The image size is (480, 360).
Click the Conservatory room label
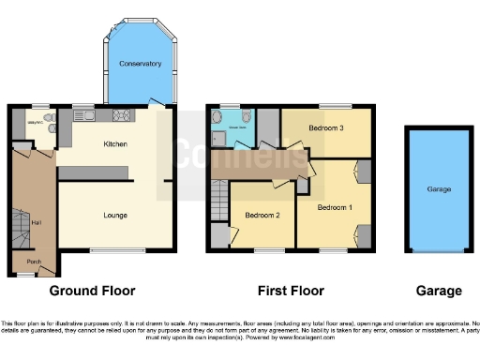pyautogui.click(x=141, y=64)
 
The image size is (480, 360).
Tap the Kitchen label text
pyautogui.click(x=116, y=144)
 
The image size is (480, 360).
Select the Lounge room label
pyautogui.click(x=115, y=215)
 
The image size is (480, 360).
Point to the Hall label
pyautogui.click(x=37, y=222)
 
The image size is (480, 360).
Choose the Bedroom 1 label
pyautogui.click(x=334, y=206)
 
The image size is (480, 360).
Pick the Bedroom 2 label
pyautogui.click(x=263, y=216)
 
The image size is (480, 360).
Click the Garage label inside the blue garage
pyautogui.click(x=440, y=189)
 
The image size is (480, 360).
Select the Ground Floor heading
pyautogui.click(x=93, y=291)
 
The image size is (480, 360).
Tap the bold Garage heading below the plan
pyautogui.click(x=440, y=291)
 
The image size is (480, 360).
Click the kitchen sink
pyautogui.click(x=89, y=117)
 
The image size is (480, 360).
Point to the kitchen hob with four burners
pyautogui.click(x=122, y=116)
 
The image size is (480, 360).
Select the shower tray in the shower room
pyautogui.click(x=218, y=139)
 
